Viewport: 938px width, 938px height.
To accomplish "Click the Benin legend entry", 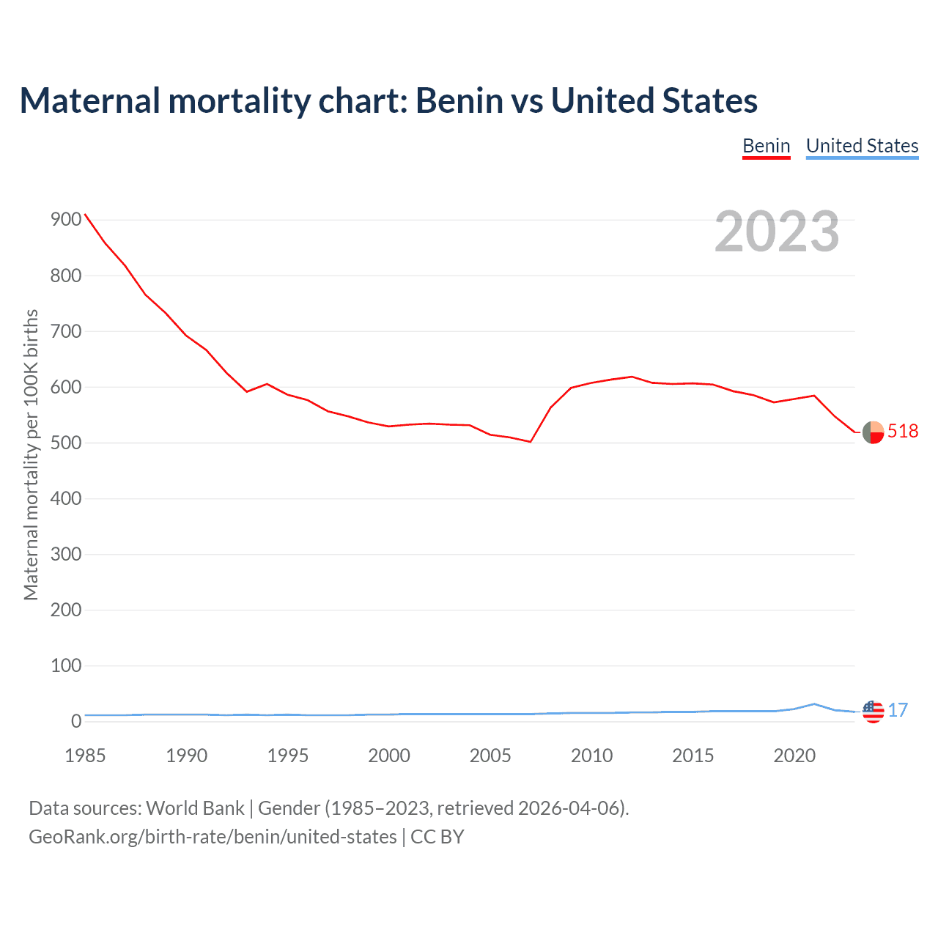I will tap(766, 146).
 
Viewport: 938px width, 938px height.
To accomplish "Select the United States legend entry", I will tap(862, 146).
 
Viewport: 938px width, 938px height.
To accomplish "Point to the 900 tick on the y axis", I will tap(65, 220).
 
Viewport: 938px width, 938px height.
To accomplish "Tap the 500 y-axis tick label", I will tap(65, 443).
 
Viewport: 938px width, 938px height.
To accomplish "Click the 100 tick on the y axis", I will tap(65, 665).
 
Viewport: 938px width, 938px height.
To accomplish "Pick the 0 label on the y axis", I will tap(76, 721).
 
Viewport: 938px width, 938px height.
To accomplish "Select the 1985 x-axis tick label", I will tap(85, 756).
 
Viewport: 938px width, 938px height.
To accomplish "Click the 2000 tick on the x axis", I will tap(389, 756).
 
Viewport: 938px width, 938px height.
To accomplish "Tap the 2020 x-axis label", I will tap(794, 756).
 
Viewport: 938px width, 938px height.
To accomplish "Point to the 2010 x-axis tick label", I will tap(591, 756).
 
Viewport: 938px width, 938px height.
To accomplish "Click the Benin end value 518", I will tap(903, 431).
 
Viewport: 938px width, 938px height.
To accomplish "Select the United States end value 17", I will tap(898, 710).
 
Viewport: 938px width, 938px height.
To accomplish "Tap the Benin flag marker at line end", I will tap(873, 432).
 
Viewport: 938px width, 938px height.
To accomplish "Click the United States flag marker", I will tap(873, 712).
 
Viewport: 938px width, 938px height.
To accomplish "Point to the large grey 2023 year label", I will tap(777, 232).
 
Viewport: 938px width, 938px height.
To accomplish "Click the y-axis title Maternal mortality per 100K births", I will tap(31, 454).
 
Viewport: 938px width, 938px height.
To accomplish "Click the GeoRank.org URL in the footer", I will tap(213, 837).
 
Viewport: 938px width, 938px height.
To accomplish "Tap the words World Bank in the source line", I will tap(195, 808).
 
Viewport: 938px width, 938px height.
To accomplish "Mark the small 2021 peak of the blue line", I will tap(814, 703).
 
